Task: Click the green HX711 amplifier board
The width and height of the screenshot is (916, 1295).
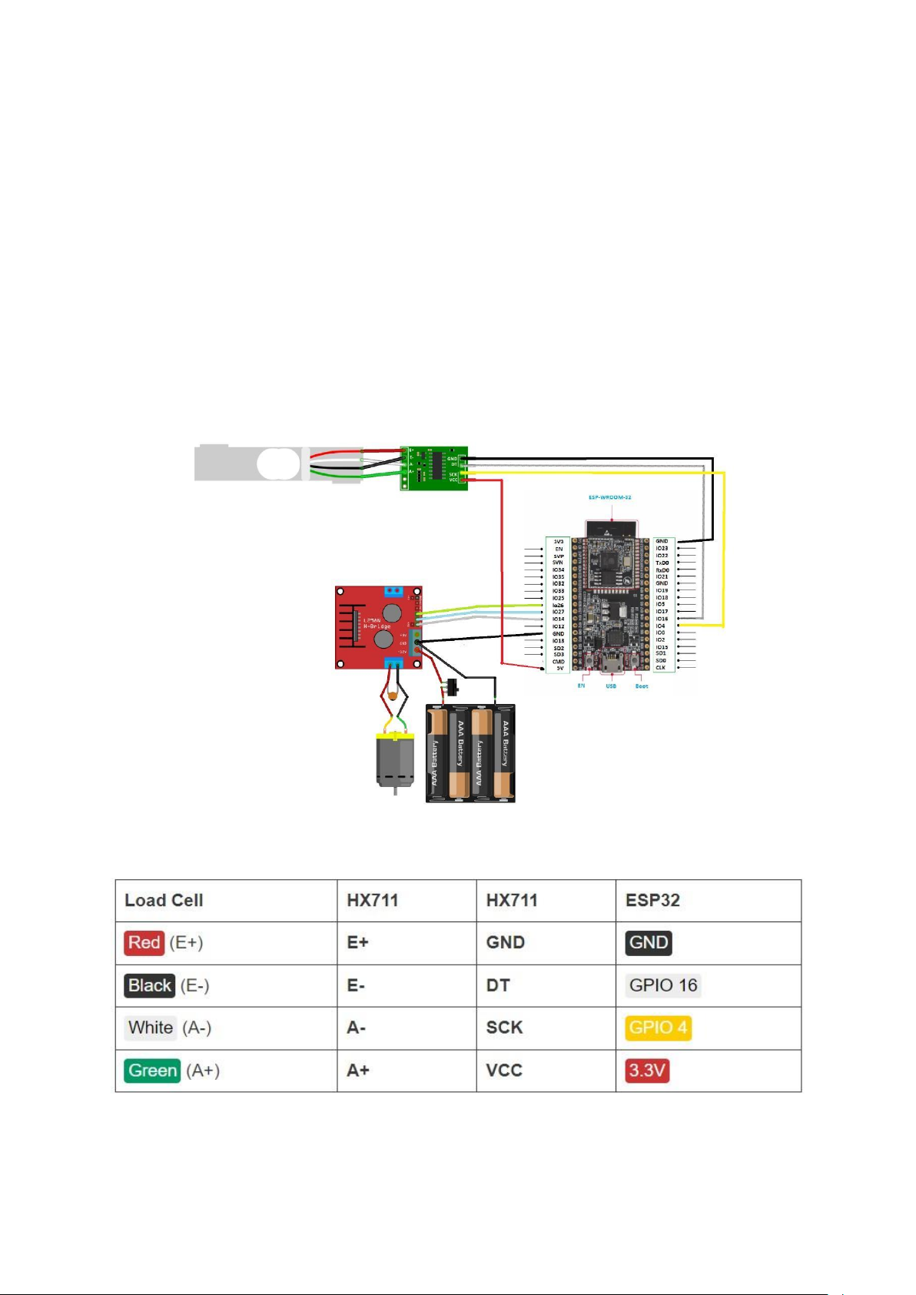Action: point(434,467)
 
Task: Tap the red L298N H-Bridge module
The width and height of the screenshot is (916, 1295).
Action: point(378,627)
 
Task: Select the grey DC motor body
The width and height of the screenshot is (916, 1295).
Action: point(395,760)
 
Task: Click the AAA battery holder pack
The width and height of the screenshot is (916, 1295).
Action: point(470,753)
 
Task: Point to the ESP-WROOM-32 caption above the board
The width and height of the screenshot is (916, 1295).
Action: point(609,497)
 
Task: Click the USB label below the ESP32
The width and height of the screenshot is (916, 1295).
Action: point(611,686)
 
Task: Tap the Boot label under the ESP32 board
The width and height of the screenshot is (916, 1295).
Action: point(641,686)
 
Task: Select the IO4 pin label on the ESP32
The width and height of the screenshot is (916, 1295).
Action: point(660,626)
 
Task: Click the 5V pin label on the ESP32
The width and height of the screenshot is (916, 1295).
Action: point(559,668)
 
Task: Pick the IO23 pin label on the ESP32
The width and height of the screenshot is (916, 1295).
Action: point(662,548)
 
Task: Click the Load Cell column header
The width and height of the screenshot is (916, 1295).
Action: point(164,900)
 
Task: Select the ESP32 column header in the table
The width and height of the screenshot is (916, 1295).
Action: point(652,900)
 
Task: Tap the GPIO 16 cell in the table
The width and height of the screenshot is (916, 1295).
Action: point(663,985)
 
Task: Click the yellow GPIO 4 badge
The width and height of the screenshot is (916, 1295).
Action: point(658,1028)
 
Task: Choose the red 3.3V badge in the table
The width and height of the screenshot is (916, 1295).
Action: point(647,1071)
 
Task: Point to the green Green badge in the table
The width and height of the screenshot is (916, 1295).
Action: point(152,1071)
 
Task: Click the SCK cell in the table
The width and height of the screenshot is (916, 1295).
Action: point(504,1028)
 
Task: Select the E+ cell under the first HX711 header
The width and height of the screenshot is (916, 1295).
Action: point(357,942)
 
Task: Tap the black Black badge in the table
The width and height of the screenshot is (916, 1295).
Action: point(150,985)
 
